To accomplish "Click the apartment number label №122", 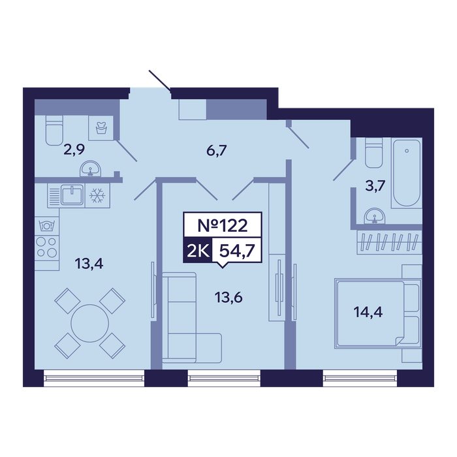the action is (223, 225).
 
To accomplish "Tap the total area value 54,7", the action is (237, 250).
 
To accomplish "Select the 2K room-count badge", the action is (198, 251).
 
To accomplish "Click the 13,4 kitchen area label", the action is (89, 264).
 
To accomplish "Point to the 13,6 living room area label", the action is (228, 298).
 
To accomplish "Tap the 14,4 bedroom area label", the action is (368, 312).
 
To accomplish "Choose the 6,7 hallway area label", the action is (217, 151).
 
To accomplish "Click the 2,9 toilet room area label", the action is (74, 150).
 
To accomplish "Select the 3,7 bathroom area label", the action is (375, 185).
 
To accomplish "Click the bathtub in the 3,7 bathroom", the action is (407, 173).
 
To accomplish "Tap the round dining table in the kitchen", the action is (90, 323).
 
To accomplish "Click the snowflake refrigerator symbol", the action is (97, 196).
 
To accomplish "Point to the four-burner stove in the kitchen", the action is (46, 247).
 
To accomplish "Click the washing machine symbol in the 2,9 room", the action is (101, 128).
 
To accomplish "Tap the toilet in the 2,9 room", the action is (54, 130).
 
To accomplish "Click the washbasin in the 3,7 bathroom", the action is (375, 216).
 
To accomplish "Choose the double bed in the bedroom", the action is (378, 313).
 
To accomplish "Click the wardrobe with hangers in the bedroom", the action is (389, 242).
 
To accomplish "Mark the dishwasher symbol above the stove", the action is (46, 226).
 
